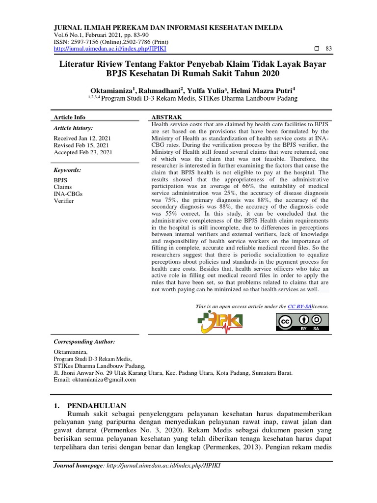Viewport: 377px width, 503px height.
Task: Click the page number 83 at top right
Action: click(329, 49)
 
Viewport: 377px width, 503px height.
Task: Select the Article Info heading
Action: click(70, 117)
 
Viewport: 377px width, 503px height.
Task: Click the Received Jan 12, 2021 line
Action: click(82, 138)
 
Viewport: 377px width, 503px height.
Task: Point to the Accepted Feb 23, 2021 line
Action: click(83, 153)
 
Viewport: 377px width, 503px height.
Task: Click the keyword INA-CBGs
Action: click(68, 194)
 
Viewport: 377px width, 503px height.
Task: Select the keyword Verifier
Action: click(64, 201)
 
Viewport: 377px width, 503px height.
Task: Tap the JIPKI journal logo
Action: click(220, 322)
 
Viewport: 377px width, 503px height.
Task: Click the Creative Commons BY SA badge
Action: click(302, 322)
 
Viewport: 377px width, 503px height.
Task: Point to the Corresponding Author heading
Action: click(84, 341)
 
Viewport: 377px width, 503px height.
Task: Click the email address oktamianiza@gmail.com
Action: click(94, 380)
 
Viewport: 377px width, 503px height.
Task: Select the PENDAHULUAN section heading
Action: click(96, 406)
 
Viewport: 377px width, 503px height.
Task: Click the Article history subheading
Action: click(73, 128)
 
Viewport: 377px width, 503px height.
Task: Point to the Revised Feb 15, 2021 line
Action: click(81, 145)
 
